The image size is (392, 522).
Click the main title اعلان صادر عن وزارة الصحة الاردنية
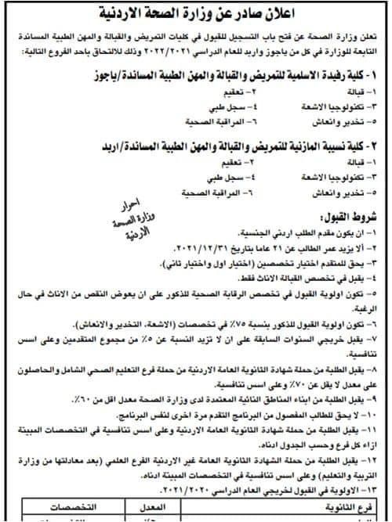pyautogui.click(x=196, y=14)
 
